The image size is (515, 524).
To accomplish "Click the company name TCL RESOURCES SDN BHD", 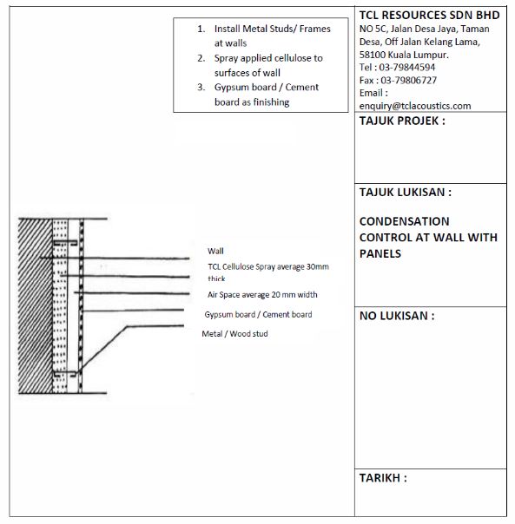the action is coord(429,15).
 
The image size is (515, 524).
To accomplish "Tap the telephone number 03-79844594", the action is coord(407,67).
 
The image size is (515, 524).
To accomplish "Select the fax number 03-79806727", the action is coord(408,80).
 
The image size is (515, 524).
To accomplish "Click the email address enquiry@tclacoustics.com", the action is coord(415,106).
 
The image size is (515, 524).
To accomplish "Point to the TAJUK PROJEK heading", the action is coord(402,121).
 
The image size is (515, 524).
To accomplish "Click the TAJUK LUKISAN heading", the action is coord(406,192).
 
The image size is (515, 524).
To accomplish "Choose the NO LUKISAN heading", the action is coord(397,316).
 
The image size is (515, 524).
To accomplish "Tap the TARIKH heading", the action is coord(383,478).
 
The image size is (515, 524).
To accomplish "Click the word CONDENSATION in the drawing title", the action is coord(404,221).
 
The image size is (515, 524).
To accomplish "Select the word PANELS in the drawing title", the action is coord(380,253).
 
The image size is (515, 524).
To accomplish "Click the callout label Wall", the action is coord(215,251).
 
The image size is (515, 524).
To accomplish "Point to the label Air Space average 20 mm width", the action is coord(262,295).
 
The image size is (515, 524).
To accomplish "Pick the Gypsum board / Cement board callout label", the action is coord(258,314).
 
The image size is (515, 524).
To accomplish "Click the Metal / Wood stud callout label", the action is coord(234,333).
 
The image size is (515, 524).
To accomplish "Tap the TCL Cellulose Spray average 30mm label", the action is coord(268,266).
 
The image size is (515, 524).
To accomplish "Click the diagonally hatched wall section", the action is coord(35,305).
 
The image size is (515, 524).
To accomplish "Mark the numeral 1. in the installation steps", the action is coord(201,29).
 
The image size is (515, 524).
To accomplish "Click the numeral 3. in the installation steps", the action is coord(201,88).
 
